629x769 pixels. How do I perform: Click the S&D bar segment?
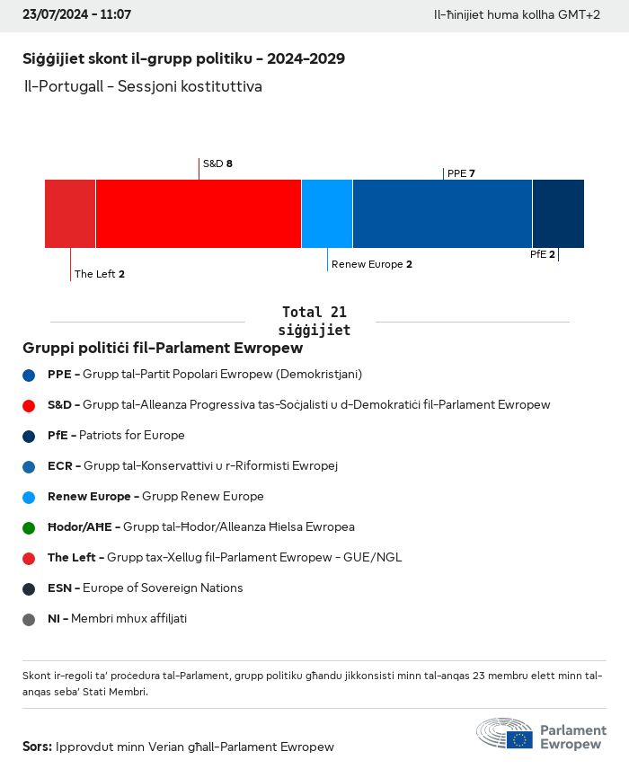coord(199,214)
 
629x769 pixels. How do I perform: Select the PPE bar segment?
coord(442,214)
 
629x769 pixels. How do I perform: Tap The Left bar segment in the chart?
coord(70,214)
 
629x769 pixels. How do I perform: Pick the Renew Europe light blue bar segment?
coord(327,214)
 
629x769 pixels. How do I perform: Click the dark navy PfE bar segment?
coord(558,214)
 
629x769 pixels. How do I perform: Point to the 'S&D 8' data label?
coord(217,164)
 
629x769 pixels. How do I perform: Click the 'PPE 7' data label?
coord(461,173)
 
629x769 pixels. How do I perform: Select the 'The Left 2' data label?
coord(100,274)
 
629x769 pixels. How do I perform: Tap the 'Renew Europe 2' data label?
coord(372,264)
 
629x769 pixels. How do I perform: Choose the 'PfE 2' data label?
coord(543,254)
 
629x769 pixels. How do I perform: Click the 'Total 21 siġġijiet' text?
coord(314,321)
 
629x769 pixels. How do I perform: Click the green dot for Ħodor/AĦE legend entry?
coord(29,527)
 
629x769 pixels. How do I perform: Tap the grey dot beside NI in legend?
coord(29,619)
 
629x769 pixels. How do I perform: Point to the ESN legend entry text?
coord(145,588)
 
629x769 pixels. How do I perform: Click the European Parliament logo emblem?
coord(505,733)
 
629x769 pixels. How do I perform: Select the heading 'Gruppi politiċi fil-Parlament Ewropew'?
coord(163,348)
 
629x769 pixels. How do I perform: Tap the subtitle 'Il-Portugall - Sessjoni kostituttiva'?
coord(143,87)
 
